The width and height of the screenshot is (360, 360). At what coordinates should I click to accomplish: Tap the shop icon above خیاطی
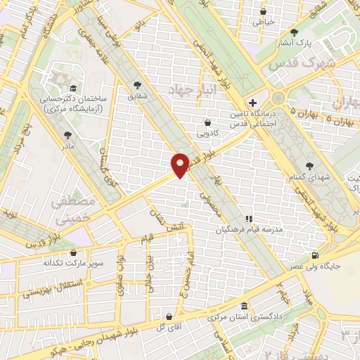264,11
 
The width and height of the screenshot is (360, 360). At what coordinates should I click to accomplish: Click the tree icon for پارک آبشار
294,32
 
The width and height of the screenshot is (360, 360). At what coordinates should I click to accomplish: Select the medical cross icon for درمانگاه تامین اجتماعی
253,103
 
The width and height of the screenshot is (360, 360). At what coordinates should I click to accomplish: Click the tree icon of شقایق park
136,86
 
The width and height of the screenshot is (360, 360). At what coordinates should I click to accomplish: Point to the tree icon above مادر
67,135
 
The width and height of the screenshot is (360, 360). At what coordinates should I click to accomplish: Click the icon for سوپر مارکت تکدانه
74,252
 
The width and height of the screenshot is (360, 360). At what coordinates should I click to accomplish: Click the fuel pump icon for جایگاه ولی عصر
314,255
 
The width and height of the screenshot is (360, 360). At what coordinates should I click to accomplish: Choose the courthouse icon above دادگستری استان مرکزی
244,307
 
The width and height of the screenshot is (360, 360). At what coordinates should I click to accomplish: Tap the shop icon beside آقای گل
169,316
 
